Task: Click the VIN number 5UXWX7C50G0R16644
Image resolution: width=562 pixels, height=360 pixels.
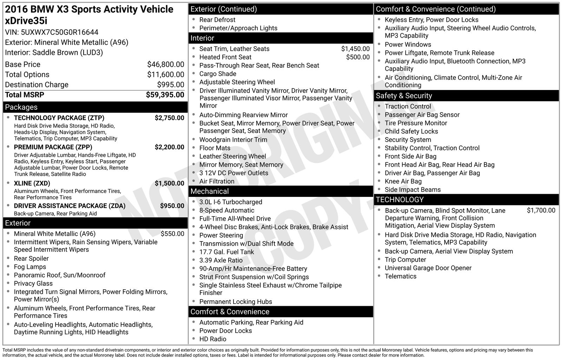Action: [60, 32]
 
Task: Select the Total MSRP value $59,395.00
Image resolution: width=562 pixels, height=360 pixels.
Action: [165, 95]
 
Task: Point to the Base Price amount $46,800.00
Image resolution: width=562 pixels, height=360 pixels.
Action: [165, 64]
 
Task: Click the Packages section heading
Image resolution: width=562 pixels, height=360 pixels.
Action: [21, 107]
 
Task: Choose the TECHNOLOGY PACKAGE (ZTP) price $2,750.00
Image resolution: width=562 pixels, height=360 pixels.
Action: [169, 118]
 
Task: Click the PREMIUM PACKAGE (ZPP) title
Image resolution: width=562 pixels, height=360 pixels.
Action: [53, 147]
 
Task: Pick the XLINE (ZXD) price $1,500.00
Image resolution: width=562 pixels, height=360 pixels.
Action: [169, 183]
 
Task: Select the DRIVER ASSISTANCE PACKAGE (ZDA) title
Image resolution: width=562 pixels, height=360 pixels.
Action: [70, 206]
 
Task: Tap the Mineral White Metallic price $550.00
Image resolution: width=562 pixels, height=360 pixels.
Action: [172, 234]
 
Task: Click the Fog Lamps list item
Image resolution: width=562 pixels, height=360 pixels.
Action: [30, 267]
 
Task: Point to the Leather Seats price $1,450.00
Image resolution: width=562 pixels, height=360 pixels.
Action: [355, 49]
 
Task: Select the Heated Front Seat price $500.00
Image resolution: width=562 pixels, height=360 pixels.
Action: [358, 57]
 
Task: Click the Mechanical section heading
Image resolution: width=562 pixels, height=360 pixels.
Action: [209, 191]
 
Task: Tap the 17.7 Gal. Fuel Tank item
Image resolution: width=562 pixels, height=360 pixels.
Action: [227, 252]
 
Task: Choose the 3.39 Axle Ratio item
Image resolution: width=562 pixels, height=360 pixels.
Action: [221, 261]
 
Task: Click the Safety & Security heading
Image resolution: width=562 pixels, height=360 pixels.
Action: [404, 96]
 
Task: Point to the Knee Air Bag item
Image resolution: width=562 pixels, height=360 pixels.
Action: [403, 181]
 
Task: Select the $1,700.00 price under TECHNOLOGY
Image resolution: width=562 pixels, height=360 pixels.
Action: [541, 211]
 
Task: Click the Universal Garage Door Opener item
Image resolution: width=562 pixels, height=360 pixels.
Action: [428, 268]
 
